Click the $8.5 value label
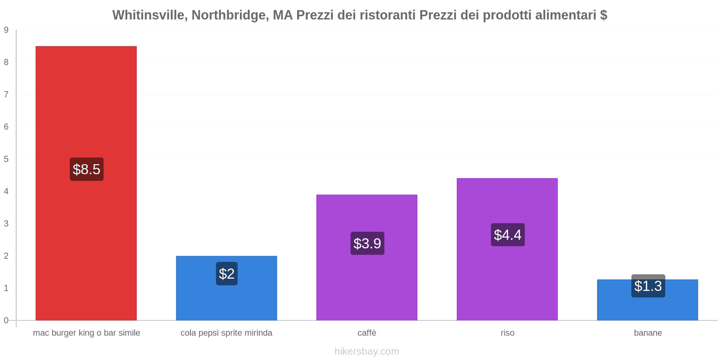pyautogui.click(x=86, y=169)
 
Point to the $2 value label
pyautogui.click(x=227, y=274)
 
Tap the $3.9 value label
pyautogui.click(x=367, y=243)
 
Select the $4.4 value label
pyautogui.click(x=508, y=235)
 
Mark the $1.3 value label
pyautogui.click(x=648, y=286)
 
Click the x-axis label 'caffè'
pyautogui.click(x=367, y=333)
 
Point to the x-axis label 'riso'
pyautogui.click(x=507, y=333)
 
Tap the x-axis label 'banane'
pyautogui.click(x=648, y=333)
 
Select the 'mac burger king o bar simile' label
pyautogui.click(x=86, y=333)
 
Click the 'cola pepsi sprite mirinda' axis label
pyautogui.click(x=226, y=333)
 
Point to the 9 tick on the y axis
pyautogui.click(x=6, y=30)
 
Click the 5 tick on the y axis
pyautogui.click(x=6, y=159)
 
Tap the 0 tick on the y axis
pyautogui.click(x=6, y=320)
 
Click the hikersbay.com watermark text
pyautogui.click(x=367, y=351)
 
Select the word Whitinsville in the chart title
pyautogui.click(x=150, y=15)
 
